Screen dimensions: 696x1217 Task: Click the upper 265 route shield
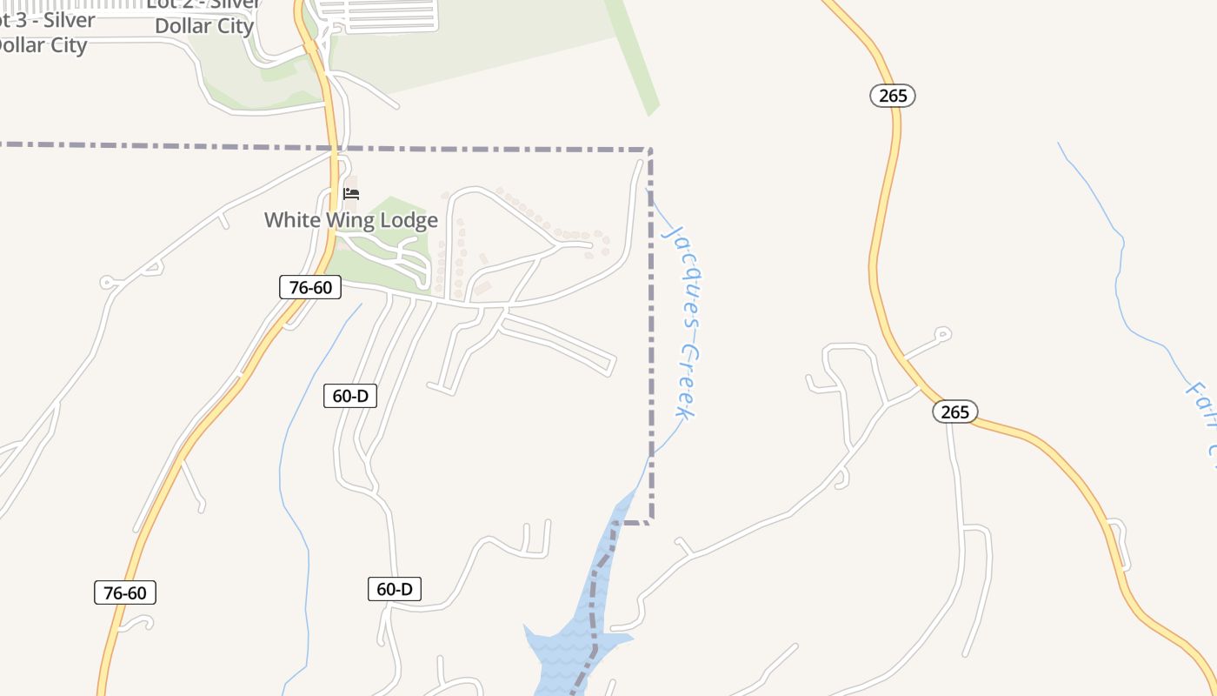tap(893, 96)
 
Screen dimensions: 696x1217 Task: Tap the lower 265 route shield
tap(954, 412)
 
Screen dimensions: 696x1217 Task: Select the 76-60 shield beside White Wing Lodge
tap(310, 287)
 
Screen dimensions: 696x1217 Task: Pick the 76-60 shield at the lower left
tap(125, 593)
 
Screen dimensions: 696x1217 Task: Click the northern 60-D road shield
tap(350, 396)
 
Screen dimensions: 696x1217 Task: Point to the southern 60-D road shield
tap(395, 589)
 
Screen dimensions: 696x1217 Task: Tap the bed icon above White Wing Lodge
tap(351, 193)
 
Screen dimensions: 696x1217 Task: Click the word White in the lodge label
tap(293, 220)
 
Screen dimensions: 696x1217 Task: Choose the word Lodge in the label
tap(409, 220)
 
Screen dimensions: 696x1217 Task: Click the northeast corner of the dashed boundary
tap(650, 151)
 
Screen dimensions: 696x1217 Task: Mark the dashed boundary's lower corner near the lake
tap(650, 522)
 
